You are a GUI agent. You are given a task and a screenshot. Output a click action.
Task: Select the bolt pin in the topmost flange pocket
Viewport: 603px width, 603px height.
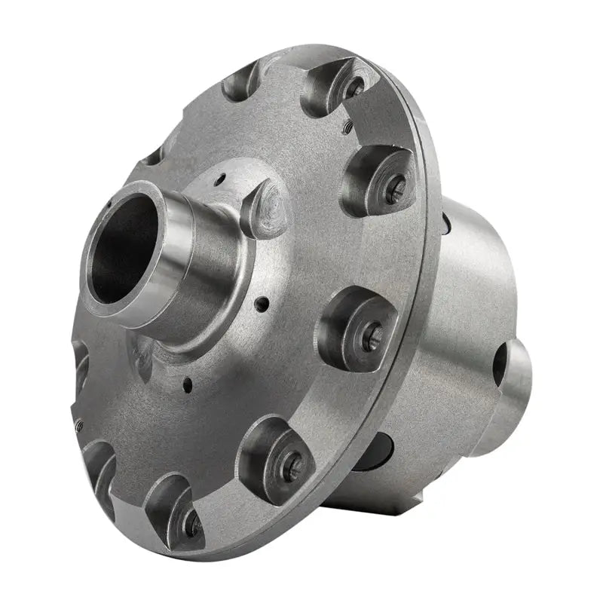click(354, 87)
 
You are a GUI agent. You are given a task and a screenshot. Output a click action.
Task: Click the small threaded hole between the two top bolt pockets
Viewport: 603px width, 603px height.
click(347, 128)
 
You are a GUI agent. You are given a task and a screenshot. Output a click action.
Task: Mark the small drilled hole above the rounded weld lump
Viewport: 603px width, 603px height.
click(220, 180)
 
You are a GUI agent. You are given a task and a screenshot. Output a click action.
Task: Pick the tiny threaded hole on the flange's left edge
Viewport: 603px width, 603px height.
click(78, 426)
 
